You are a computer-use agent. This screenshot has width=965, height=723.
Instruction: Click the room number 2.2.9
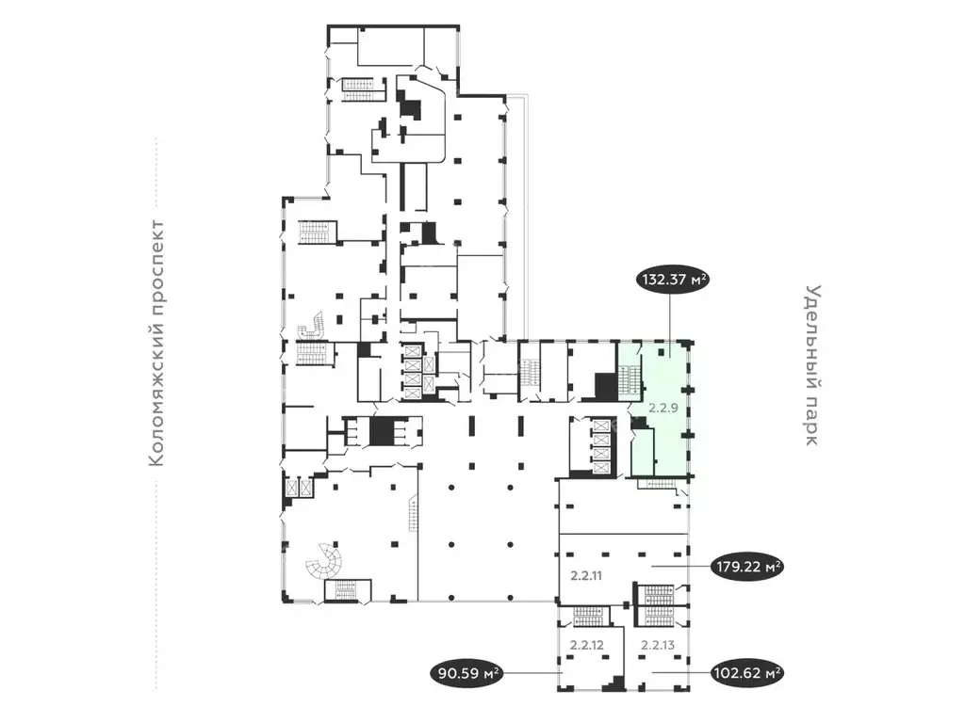point(663,410)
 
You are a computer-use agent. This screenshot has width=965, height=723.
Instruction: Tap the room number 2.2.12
point(586,645)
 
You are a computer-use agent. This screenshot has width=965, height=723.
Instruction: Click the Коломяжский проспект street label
point(157,344)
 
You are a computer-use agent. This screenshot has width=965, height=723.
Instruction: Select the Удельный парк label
point(812,366)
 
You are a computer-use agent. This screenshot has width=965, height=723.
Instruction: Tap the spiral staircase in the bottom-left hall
point(324,562)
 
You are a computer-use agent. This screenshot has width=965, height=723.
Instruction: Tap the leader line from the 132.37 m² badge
point(670,320)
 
